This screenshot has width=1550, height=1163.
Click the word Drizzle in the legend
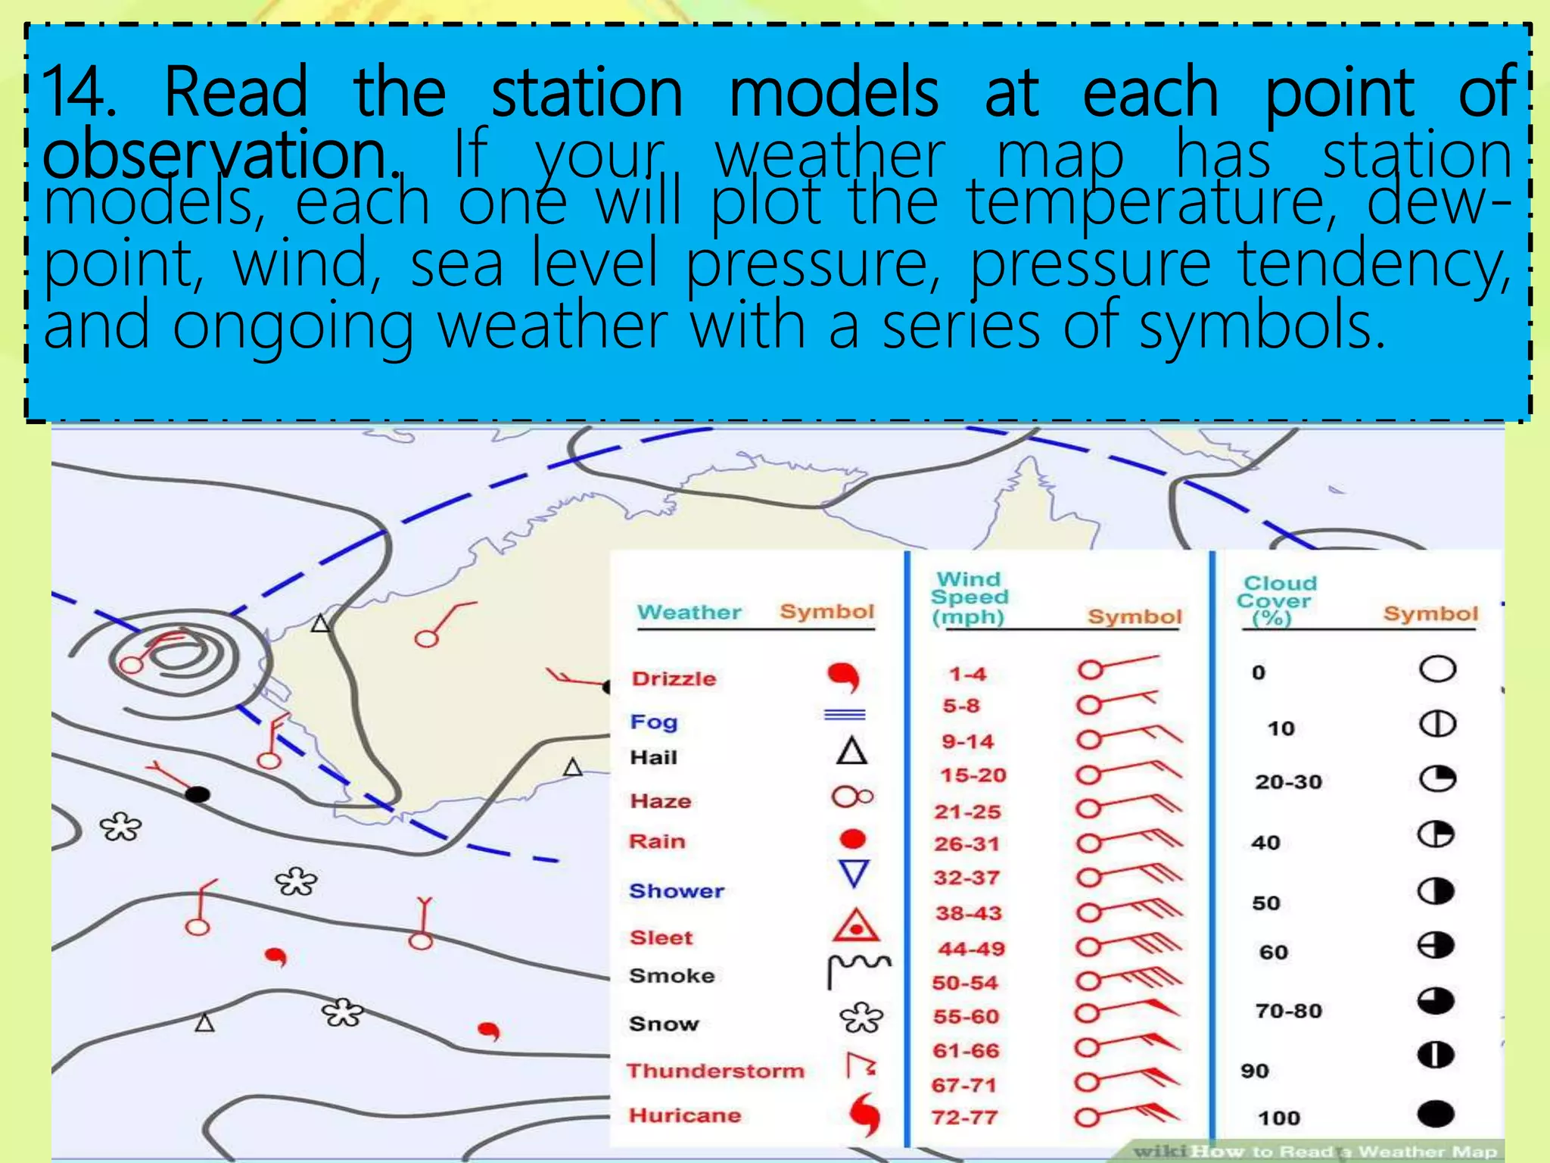tap(674, 678)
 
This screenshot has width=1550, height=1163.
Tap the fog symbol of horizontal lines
tap(845, 714)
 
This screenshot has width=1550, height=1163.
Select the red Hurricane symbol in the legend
tap(864, 1114)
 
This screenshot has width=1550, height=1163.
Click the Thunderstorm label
tap(715, 1071)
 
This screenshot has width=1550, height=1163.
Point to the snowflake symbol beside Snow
tap(861, 1019)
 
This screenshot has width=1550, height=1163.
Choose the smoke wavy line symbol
tap(858, 969)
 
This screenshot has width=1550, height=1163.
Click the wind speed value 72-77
tap(964, 1118)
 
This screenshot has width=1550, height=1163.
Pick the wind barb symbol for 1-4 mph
tap(1117, 666)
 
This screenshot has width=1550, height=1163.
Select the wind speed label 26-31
tap(966, 844)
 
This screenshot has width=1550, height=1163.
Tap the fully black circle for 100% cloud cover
tap(1435, 1114)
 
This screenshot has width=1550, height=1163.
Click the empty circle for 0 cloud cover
tap(1436, 669)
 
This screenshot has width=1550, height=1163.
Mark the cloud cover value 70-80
tap(1288, 1011)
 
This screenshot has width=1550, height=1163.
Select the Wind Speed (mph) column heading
tap(970, 598)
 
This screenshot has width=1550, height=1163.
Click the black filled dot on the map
tap(198, 794)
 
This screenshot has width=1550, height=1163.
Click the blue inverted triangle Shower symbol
tap(854, 874)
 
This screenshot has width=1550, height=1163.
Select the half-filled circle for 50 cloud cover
tap(1435, 891)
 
